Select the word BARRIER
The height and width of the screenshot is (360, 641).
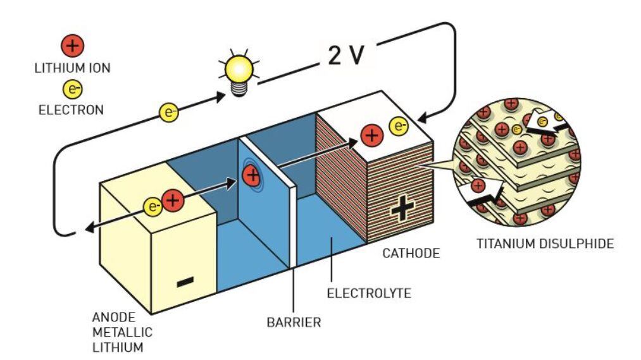tap(294, 323)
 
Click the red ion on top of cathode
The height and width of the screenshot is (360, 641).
tap(372, 135)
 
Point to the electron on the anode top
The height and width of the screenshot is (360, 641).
tap(152, 206)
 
